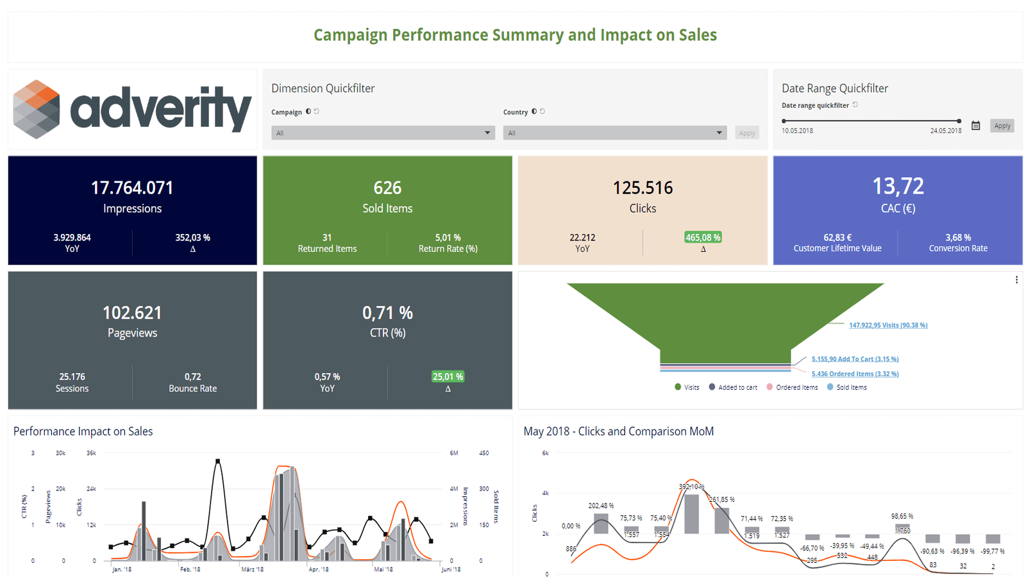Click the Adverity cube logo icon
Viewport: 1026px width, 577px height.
37,109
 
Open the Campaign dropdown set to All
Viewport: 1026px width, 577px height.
383,133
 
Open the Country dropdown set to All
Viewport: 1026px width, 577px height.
614,133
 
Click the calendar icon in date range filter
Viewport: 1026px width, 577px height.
975,126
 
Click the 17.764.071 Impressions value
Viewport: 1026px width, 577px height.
132,188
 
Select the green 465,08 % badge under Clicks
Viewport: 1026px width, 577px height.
703,237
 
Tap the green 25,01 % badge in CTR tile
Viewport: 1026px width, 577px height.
448,376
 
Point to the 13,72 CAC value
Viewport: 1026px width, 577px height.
898,187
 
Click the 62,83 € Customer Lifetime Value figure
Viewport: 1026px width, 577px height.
837,237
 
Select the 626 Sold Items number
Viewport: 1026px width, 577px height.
387,188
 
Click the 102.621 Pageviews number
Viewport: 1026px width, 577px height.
132,313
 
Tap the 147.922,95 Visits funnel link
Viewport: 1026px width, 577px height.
887,325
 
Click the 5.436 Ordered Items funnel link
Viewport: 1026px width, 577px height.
854,374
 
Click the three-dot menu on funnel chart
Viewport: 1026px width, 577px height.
1016,280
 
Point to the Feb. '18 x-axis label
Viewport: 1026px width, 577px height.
190,569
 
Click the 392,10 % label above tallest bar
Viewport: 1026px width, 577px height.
691,487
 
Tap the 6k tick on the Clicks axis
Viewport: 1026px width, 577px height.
545,453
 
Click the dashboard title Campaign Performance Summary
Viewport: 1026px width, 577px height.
515,35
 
